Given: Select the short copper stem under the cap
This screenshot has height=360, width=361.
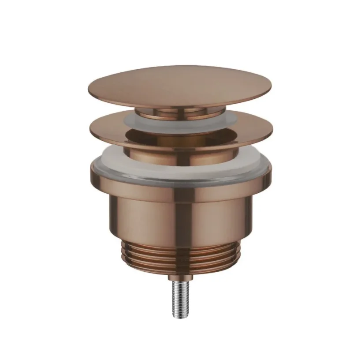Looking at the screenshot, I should point(181,113).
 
